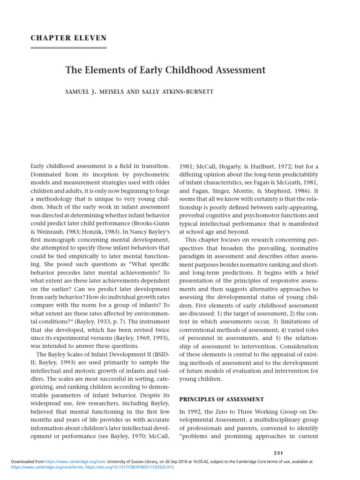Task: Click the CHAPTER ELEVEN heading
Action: (68, 38)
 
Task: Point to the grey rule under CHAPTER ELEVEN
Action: (68, 47)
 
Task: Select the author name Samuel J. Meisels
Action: (98, 92)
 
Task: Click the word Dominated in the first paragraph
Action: (47, 174)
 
